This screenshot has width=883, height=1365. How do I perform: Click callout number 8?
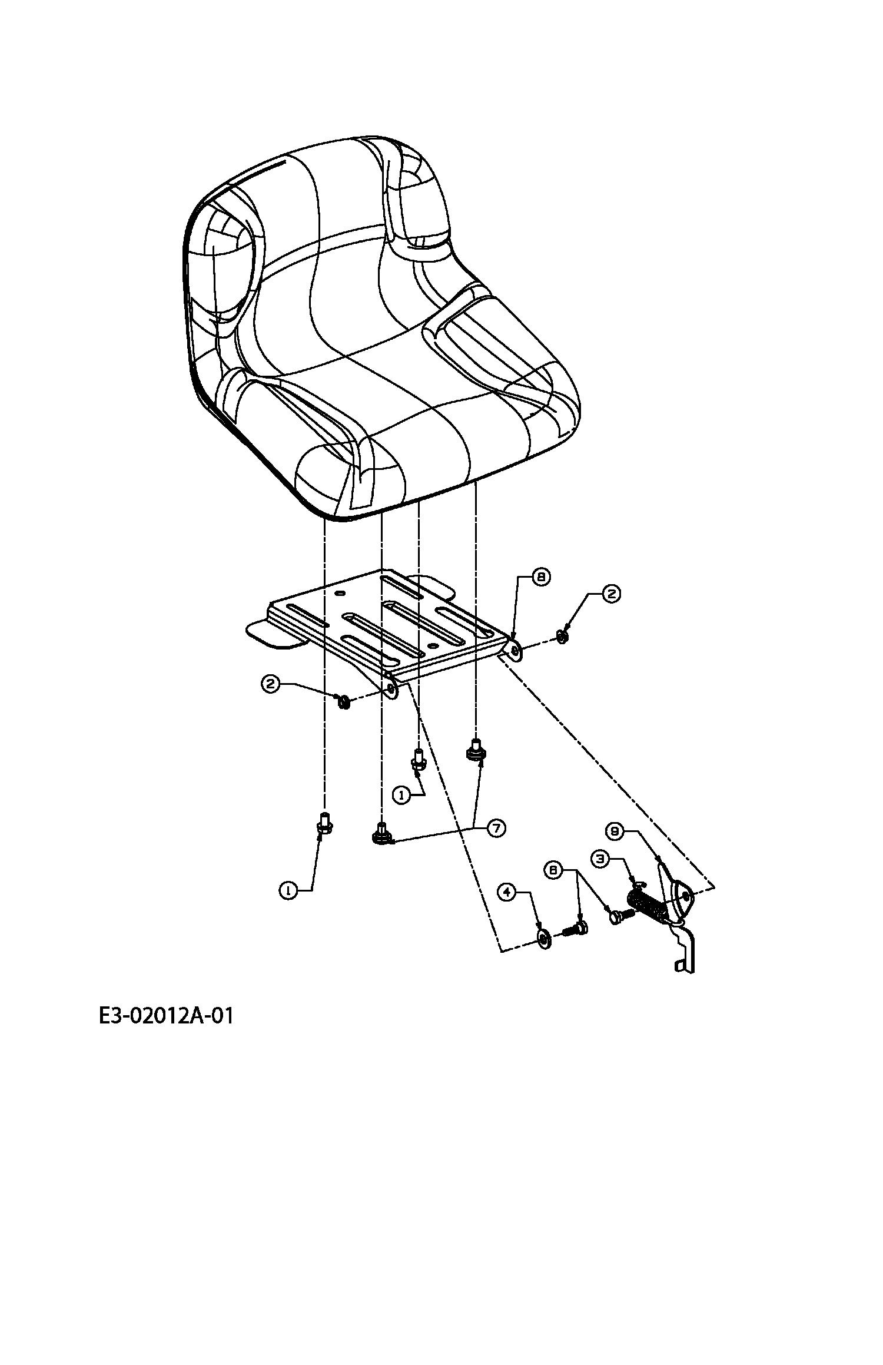(540, 577)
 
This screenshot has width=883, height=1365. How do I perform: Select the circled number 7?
(496, 828)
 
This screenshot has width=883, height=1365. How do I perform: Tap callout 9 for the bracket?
(614, 831)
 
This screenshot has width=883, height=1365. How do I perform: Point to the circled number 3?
(600, 859)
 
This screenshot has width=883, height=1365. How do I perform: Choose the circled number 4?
(507, 892)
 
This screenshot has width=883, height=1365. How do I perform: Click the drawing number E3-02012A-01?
(166, 1016)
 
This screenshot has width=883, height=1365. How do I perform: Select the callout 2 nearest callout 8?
(610, 594)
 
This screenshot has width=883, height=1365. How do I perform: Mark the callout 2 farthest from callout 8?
(270, 684)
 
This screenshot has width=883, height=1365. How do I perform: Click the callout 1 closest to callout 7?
(402, 795)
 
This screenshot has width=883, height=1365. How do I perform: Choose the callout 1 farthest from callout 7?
(288, 891)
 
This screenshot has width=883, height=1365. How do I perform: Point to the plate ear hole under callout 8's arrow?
(516, 651)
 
